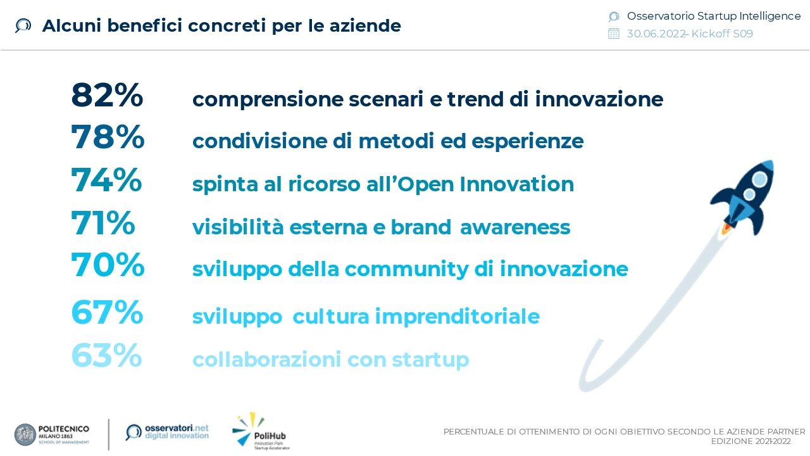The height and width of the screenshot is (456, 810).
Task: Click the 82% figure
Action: tap(107, 95)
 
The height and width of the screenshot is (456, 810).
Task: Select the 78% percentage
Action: tap(108, 137)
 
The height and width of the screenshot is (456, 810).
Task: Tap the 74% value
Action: tap(106, 180)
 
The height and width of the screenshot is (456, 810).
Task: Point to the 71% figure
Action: tap(103, 222)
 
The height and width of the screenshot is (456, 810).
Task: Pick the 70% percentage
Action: tap(108, 265)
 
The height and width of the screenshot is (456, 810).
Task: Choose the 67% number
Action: tap(107, 312)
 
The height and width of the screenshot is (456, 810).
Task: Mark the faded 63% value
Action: tap(107, 355)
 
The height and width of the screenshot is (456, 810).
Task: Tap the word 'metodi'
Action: tap(396, 141)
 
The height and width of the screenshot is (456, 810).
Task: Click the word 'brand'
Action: tap(421, 227)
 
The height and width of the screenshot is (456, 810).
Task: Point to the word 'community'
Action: tap(406, 270)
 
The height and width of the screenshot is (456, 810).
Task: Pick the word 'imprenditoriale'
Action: tap(458, 317)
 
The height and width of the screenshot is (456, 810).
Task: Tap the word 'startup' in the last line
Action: tap(430, 360)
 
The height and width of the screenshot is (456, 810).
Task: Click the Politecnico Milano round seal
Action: tap(25, 434)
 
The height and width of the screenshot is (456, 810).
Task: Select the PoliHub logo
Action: tap(261, 431)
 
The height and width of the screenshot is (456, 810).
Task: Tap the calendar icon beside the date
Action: tap(614, 34)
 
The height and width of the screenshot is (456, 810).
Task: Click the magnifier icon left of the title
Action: tap(23, 26)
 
